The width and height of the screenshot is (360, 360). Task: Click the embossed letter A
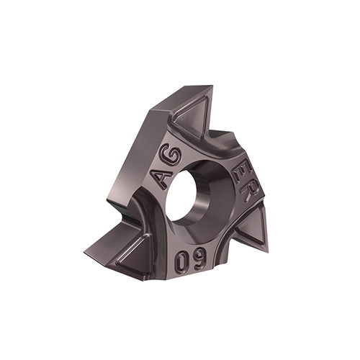point(161,179)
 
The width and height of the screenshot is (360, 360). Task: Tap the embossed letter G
point(170,156)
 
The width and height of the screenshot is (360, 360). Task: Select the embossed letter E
point(243,175)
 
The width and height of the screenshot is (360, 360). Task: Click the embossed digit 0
point(181,263)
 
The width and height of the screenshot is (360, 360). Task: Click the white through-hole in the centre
point(181,194)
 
